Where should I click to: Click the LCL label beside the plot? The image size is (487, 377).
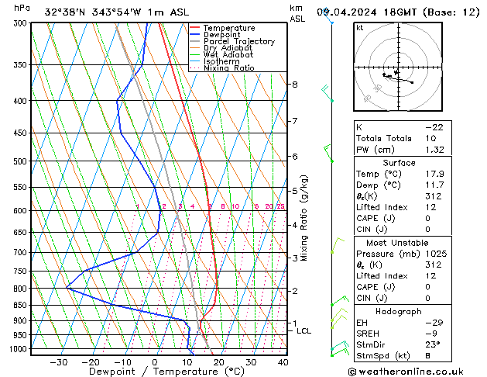click(x=304, y=331)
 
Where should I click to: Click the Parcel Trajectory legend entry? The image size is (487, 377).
click(x=239, y=41)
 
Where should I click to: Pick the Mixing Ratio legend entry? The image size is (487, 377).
click(x=231, y=67)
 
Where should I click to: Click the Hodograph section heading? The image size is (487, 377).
click(x=399, y=311)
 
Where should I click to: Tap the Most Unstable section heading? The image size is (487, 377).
click(x=399, y=243)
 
